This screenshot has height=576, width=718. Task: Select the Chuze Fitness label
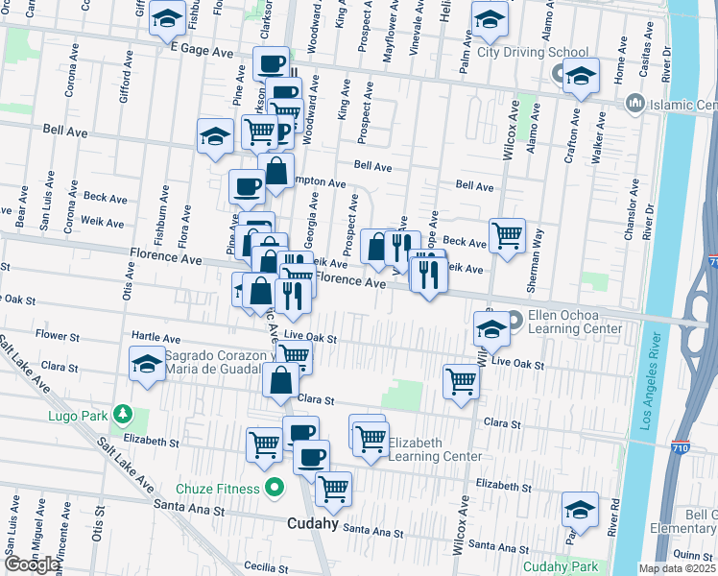(216, 489)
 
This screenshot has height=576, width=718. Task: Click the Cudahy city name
(313, 523)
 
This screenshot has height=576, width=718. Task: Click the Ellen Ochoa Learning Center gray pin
(514, 319)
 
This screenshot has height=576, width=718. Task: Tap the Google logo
(32, 564)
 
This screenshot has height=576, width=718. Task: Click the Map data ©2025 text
(678, 568)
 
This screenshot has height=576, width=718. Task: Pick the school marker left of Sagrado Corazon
(146, 364)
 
